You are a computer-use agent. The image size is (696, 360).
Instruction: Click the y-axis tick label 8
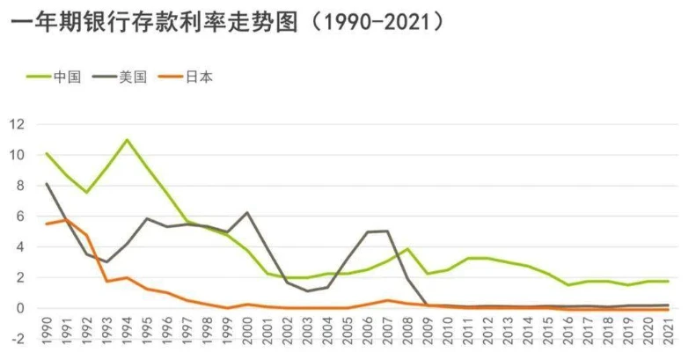click(19, 186)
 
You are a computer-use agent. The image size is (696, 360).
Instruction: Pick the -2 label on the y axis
click(17, 339)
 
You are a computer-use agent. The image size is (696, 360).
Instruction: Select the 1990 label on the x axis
click(47, 337)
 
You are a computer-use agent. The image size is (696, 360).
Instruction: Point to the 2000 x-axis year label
click(247, 337)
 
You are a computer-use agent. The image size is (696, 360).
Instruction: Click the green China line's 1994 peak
click(127, 140)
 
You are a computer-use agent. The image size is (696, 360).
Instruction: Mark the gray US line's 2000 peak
click(247, 212)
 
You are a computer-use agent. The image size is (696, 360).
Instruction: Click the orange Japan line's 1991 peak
click(67, 219)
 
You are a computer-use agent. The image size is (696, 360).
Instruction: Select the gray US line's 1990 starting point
click(47, 184)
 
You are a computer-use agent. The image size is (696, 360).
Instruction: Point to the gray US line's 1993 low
click(106, 262)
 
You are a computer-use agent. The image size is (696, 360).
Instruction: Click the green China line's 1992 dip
click(86, 192)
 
